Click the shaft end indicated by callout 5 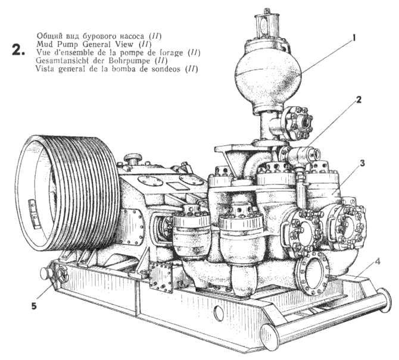[45, 274]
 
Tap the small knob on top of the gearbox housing [135, 159]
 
